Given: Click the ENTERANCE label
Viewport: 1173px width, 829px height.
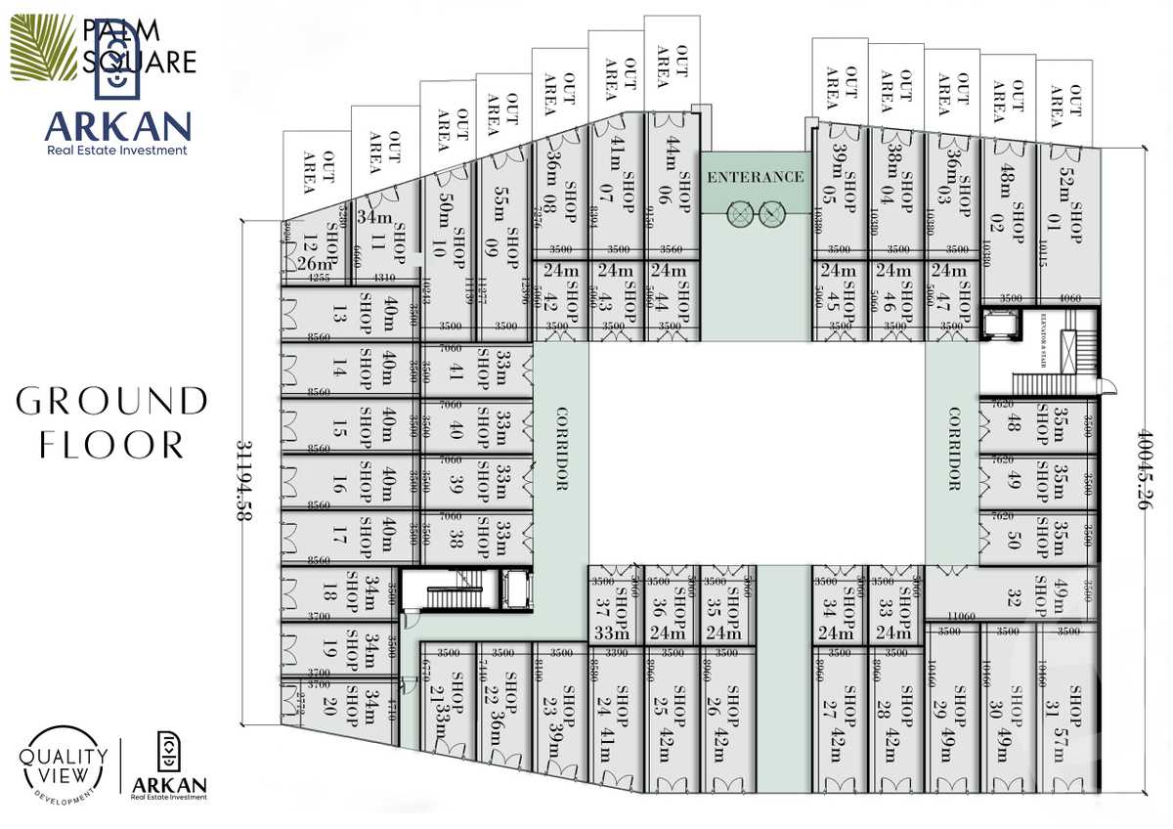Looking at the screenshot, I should point(756,177).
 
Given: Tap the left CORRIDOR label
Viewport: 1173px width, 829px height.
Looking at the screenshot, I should point(562,449).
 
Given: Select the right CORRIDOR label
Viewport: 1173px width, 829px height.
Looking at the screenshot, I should point(954,449).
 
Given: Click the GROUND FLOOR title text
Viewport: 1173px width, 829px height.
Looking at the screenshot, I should point(112,422).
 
